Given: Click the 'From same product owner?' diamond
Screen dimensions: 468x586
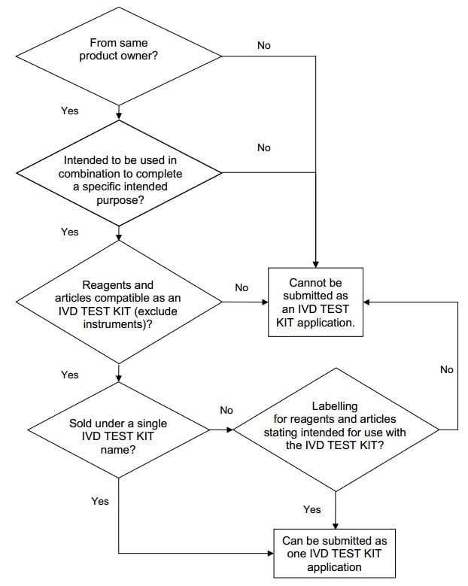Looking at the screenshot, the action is coord(119,56).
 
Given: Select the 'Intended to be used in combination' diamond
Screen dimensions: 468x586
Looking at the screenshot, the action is coord(119,173).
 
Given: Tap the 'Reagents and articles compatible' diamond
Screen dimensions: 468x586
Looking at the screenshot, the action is coord(119,302).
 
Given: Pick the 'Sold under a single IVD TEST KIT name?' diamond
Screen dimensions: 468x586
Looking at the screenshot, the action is coord(118,430).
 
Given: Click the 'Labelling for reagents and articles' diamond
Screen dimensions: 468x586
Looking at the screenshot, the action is coord(336,430).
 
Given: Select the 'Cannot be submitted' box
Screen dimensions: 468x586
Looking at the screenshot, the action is coord(315,302).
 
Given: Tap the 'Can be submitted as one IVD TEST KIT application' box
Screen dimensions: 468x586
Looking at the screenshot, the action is coord(334,553).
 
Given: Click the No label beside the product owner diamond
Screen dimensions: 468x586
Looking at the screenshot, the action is coord(264,45).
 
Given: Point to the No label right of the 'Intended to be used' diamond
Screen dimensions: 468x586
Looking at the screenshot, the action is coord(264,147).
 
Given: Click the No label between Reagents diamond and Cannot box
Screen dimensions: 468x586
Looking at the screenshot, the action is coord(242,287).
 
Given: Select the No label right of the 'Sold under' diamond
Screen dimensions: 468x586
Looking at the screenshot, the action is coord(226,410).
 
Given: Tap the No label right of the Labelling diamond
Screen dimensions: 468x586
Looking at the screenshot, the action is coord(447,369).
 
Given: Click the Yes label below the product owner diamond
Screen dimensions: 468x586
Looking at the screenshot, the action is coord(70,111).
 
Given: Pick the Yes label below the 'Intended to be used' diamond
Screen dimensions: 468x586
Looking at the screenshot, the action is coord(70,232).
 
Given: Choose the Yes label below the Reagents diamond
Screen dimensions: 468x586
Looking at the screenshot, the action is coord(70,375).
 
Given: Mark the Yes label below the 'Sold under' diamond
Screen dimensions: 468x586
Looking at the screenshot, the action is coord(100,501).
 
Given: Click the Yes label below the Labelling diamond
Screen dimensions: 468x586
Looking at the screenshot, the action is coord(312,509).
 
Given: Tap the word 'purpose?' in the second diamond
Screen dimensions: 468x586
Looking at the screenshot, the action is coord(120,200).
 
